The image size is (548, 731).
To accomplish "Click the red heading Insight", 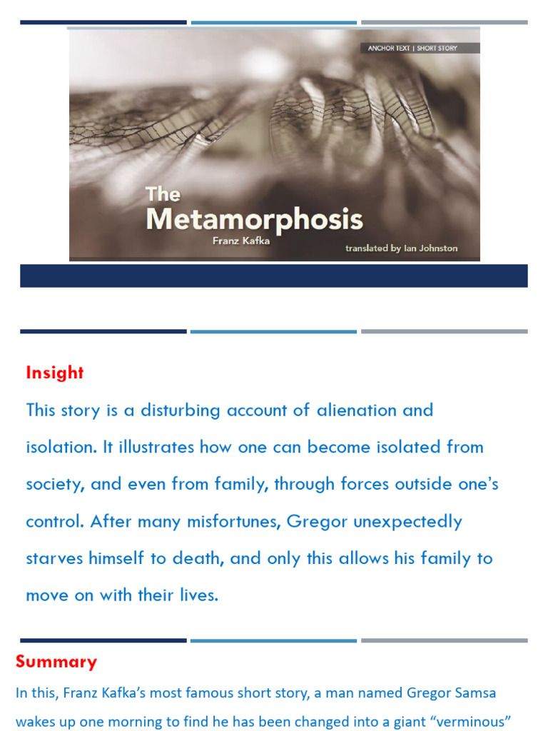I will click(x=55, y=373).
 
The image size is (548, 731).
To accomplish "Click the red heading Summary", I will click(x=56, y=662).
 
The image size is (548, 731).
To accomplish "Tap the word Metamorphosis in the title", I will click(x=255, y=219).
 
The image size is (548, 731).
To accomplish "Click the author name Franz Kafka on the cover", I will click(x=242, y=241).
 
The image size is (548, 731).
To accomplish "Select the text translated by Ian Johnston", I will click(x=402, y=248).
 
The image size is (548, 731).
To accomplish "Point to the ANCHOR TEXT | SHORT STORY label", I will click(x=412, y=49).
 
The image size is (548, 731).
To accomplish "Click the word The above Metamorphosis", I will click(x=163, y=194).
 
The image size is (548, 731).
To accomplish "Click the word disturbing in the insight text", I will click(x=181, y=410).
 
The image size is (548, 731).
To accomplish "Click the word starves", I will click(x=55, y=559).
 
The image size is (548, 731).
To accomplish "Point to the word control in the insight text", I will click(x=54, y=522).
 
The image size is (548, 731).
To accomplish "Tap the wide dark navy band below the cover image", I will click(x=274, y=276).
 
